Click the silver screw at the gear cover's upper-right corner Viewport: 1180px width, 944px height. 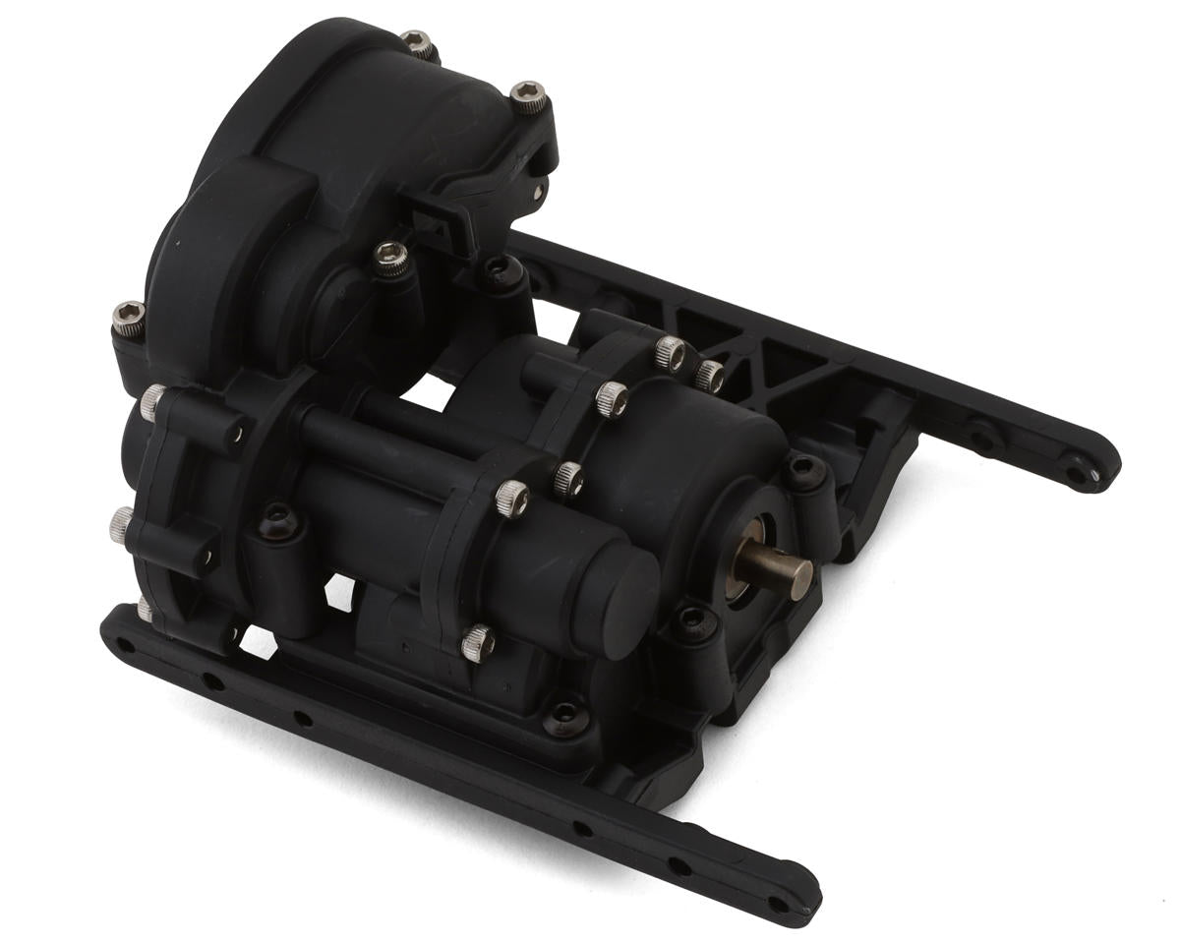pos(529,96)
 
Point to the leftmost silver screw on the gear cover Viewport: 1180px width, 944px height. pos(127,316)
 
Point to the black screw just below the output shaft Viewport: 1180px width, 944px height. pos(693,620)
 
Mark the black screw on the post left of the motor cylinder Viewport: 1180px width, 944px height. pos(275,516)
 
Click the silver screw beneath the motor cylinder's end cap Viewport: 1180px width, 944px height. pos(478,642)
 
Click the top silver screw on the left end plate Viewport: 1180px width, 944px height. pos(152,399)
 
